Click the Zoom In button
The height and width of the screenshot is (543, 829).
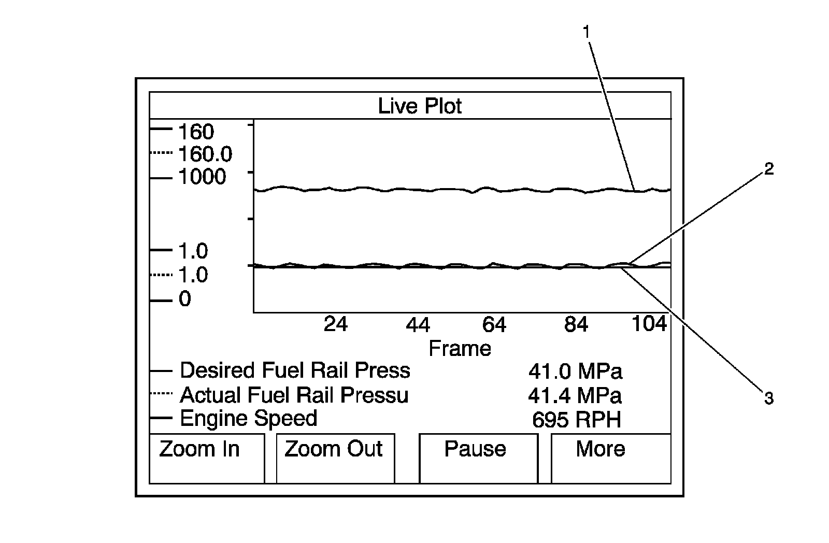click(206, 458)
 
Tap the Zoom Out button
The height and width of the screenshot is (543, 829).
click(335, 458)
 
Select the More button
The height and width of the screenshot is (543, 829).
click(610, 458)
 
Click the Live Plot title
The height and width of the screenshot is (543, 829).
click(420, 106)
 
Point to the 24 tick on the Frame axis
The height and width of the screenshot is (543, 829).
click(336, 324)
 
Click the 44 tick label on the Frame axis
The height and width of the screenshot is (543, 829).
click(418, 325)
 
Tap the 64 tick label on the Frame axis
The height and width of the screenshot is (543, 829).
click(494, 325)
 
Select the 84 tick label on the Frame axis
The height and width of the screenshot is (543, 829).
click(576, 325)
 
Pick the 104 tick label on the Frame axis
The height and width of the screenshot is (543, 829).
click(649, 324)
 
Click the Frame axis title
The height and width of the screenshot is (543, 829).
click(460, 348)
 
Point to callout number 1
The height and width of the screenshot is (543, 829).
click(587, 32)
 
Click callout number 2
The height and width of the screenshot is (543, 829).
click(769, 169)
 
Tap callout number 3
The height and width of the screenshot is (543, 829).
click(768, 398)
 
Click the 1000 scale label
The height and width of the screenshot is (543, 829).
click(202, 177)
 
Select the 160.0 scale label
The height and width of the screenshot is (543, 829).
click(205, 154)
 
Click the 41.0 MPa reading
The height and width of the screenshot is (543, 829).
click(575, 371)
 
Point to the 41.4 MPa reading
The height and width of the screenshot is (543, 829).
click(575, 396)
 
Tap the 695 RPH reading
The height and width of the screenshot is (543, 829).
click(576, 420)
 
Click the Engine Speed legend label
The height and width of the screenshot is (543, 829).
click(248, 419)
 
